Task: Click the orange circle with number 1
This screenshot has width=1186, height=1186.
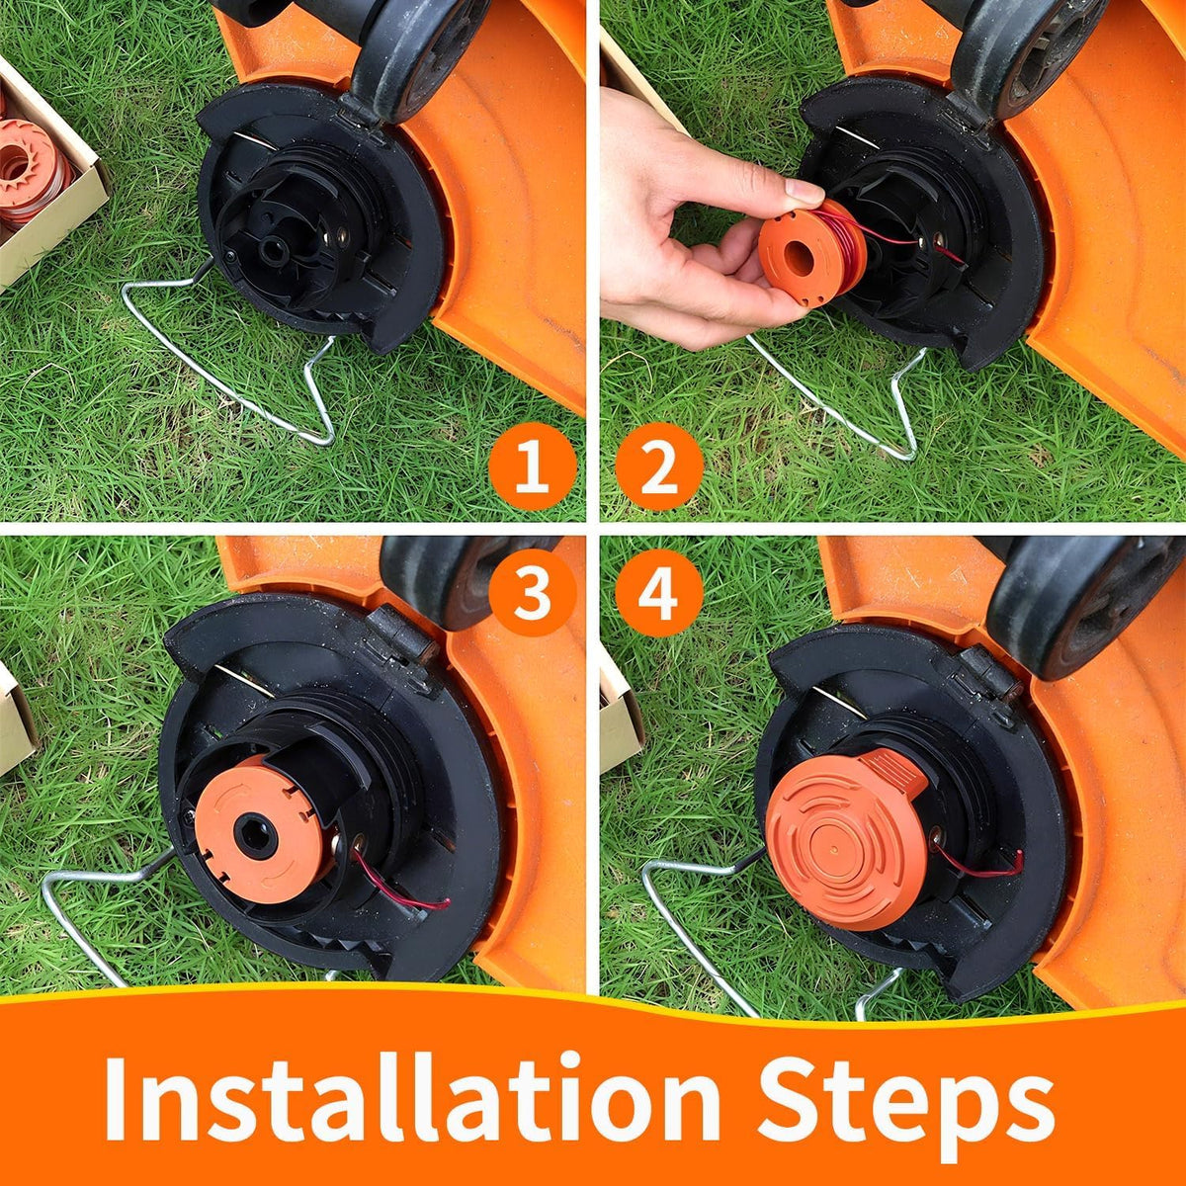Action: tap(533, 466)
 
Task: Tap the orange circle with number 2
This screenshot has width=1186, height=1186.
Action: tap(658, 466)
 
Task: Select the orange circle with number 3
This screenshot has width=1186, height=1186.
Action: tap(533, 593)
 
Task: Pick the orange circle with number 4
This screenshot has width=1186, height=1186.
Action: tap(658, 593)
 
